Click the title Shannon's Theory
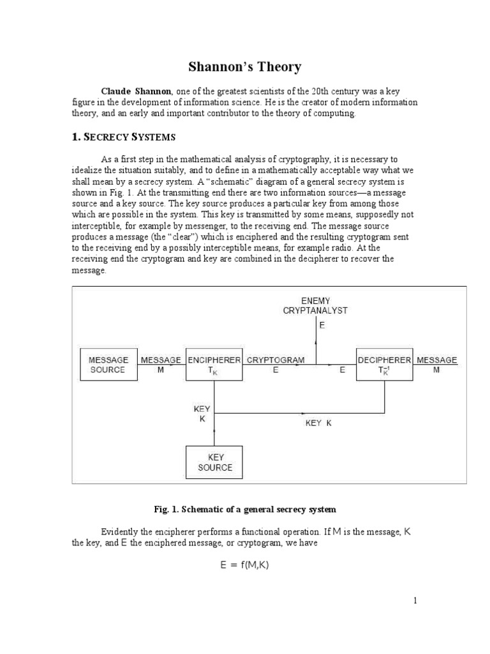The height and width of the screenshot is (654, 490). (x=244, y=67)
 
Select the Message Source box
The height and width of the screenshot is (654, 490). (x=108, y=365)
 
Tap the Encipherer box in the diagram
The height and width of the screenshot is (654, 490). (x=214, y=365)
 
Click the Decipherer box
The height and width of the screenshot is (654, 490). (x=384, y=365)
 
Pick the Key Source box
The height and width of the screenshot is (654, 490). (x=214, y=462)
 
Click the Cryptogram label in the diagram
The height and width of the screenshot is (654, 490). (x=276, y=360)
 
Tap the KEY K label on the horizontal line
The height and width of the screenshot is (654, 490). (x=318, y=423)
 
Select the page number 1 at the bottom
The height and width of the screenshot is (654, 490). (x=415, y=600)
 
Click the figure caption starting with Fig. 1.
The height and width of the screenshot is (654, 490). (x=245, y=509)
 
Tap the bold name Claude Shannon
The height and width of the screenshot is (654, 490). (x=137, y=91)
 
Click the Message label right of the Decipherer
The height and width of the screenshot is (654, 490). (x=436, y=360)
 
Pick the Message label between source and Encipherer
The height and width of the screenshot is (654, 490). (x=161, y=360)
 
